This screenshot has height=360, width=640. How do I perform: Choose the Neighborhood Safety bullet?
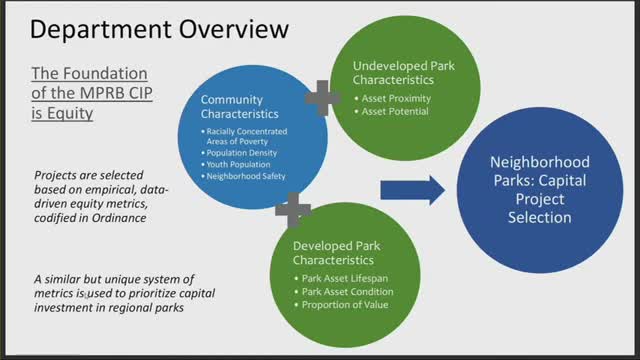245,175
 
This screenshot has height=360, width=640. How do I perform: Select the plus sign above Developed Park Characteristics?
292,209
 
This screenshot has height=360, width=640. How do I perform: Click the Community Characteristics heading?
245,108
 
